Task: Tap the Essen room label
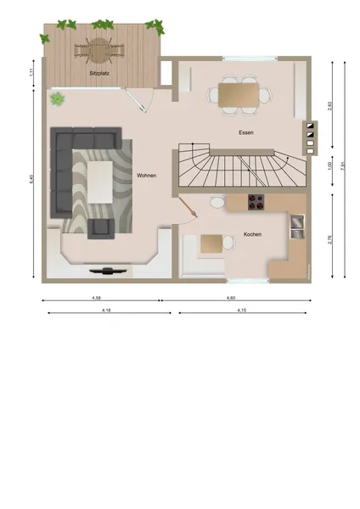pyautogui.click(x=248, y=133)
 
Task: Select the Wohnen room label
pyautogui.click(x=146, y=176)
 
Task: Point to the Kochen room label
pyautogui.click(x=252, y=234)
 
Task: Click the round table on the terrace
pyautogui.click(x=100, y=47)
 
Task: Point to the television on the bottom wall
pyautogui.click(x=110, y=271)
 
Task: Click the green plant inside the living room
pyautogui.click(x=57, y=99)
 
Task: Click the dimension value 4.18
pyautogui.click(x=106, y=311)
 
